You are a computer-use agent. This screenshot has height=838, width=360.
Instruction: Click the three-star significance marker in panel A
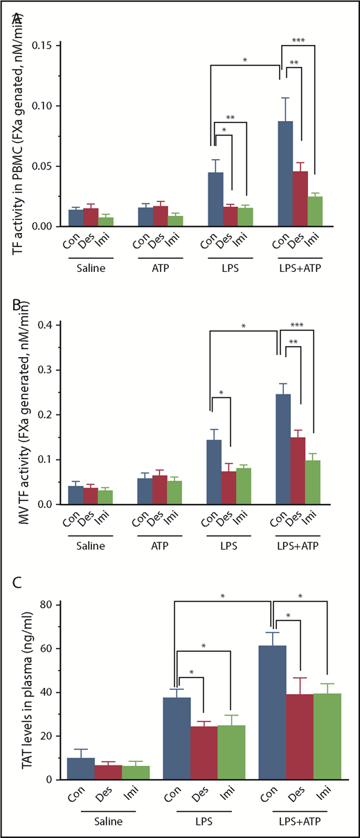(299, 40)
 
